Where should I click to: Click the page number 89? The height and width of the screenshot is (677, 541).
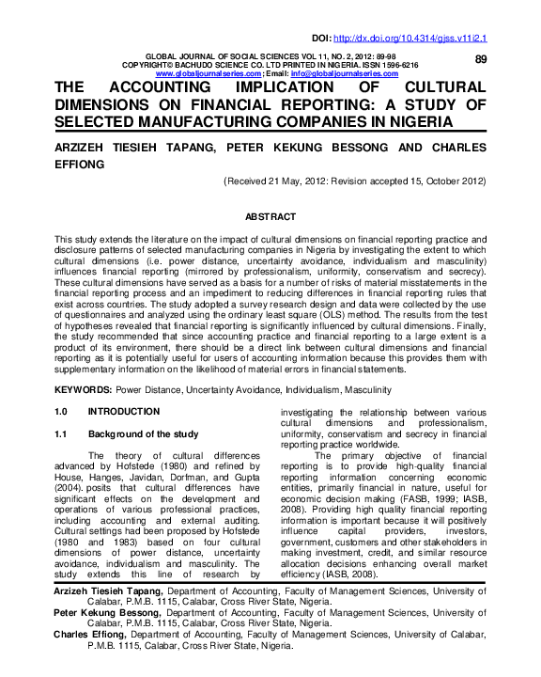tap(481, 59)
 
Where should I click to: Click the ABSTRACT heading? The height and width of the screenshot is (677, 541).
tap(270, 216)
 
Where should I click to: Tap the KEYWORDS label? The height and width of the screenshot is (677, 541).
tap(83, 388)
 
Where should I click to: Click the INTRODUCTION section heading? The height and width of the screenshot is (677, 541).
tap(123, 412)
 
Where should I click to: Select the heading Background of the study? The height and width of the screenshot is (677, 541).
tap(143, 433)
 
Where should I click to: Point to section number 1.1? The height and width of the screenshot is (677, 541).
tap(62, 433)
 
